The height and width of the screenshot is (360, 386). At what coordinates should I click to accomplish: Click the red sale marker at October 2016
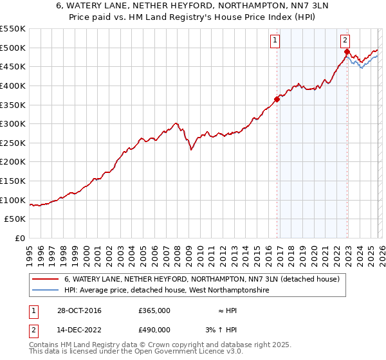(277, 99)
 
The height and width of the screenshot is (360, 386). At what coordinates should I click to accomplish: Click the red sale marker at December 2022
(347, 51)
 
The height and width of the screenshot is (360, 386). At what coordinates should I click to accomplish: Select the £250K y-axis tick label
(13, 143)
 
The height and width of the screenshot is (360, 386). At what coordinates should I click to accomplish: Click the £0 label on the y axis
(19, 238)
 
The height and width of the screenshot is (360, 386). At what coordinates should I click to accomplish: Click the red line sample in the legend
(46, 280)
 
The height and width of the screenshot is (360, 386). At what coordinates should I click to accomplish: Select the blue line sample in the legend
(46, 291)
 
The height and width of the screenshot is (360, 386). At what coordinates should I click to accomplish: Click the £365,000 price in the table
(154, 310)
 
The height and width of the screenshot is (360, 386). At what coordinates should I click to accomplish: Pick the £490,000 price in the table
(154, 330)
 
